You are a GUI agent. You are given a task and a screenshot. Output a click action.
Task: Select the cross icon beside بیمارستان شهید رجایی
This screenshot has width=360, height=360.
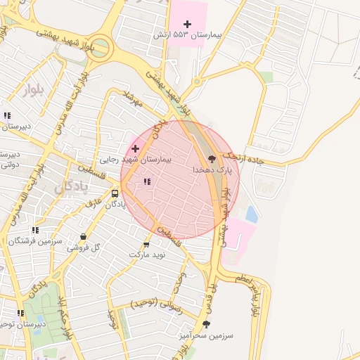point(135,148)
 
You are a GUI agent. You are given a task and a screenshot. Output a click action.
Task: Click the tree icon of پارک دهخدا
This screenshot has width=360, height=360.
point(213,159)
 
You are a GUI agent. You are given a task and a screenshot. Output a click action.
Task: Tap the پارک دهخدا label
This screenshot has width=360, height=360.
point(212,170)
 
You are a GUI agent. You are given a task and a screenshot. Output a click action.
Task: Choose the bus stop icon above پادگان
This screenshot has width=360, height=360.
point(115,193)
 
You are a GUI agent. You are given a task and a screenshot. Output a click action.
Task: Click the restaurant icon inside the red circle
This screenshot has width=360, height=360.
point(147,182)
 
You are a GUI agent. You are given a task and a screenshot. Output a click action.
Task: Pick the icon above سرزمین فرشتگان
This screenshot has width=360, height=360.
point(35,230)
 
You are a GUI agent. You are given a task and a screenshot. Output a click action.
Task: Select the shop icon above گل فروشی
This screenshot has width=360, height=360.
point(84,237)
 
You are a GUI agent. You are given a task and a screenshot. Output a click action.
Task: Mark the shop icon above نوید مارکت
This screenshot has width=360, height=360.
point(146,245)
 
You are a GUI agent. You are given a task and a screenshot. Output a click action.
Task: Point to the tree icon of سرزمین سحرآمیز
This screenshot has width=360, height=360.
point(206,324)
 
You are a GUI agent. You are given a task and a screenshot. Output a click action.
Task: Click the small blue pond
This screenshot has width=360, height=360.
point(251,214)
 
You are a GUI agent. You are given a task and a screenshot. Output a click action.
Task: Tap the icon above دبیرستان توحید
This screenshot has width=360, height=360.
point(20,313)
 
